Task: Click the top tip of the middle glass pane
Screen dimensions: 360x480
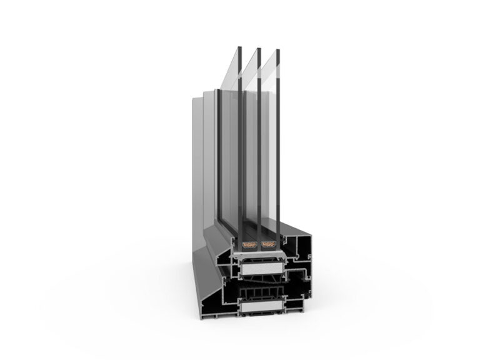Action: coord(258,48)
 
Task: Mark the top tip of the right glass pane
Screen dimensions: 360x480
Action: coord(276,49)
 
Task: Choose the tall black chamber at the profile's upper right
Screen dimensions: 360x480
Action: coord(299,247)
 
